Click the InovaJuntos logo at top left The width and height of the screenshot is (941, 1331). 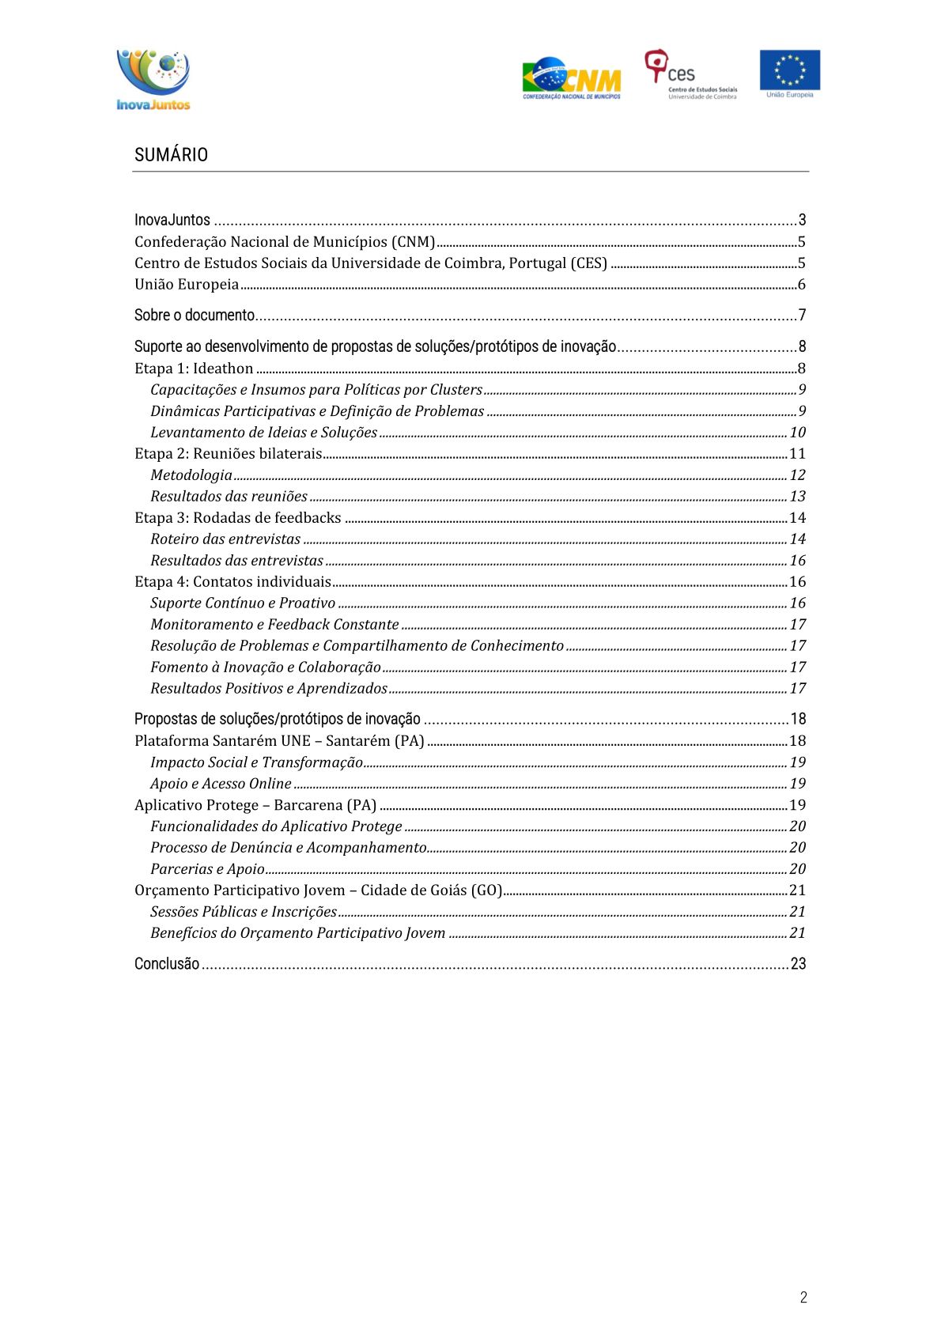[x=153, y=80]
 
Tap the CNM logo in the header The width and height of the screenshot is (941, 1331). [x=572, y=78]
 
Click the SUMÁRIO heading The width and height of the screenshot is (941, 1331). [x=171, y=155]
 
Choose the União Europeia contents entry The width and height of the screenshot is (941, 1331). [x=187, y=285]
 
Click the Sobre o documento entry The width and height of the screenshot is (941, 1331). [x=195, y=316]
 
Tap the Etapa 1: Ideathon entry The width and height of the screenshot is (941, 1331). [x=194, y=369]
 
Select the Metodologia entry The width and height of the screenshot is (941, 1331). [x=191, y=475]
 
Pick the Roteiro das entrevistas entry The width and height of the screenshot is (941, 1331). [x=225, y=539]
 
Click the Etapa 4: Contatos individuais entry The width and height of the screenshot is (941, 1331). [x=232, y=582]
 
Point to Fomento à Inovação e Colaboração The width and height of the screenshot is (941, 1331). [x=266, y=667]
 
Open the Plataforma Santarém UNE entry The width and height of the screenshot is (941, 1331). [x=279, y=741]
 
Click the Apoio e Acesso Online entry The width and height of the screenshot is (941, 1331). [x=221, y=784]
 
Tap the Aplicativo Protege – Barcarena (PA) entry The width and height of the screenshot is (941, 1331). [x=255, y=805]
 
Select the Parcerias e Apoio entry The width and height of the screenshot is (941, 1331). [x=207, y=869]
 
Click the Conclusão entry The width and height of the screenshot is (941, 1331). [x=167, y=964]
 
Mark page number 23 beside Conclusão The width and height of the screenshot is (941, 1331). [x=798, y=964]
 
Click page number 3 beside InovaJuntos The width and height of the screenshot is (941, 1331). [x=802, y=221]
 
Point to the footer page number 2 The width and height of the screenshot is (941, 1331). [x=803, y=1297]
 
